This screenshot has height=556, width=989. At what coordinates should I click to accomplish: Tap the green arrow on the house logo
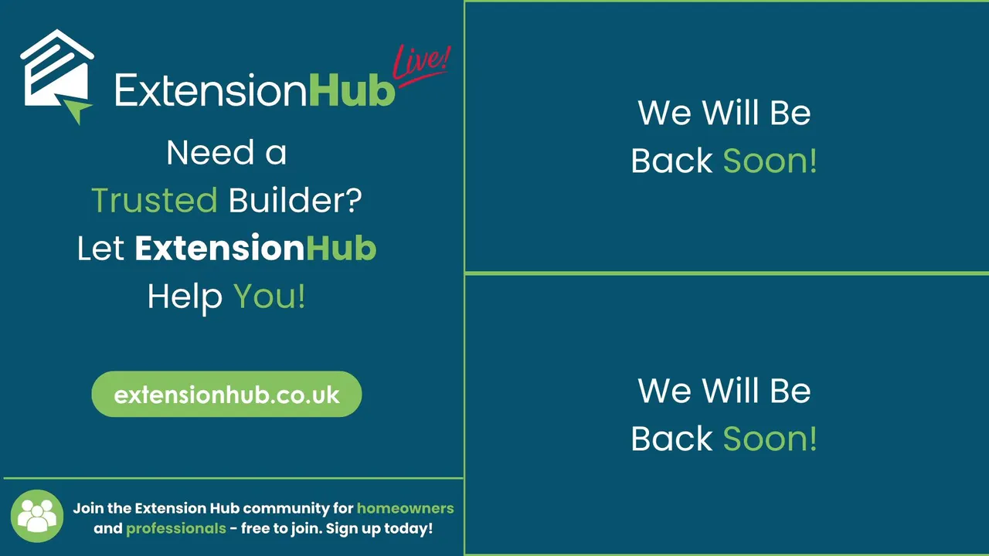(x=76, y=110)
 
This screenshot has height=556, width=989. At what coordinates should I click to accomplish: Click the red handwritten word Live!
(x=421, y=65)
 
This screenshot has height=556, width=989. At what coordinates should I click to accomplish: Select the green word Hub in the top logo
(x=352, y=91)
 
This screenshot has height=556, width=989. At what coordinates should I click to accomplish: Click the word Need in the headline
(x=210, y=153)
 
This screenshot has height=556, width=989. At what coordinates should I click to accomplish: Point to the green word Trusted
(x=155, y=200)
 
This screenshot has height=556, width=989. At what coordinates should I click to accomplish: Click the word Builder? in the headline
(x=295, y=200)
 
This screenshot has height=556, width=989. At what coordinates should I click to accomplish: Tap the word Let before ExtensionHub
(x=100, y=248)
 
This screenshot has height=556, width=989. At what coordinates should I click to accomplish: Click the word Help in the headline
(x=185, y=297)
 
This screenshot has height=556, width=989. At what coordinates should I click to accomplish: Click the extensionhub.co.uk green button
(x=226, y=394)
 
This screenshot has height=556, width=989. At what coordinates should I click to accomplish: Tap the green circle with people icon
(x=37, y=516)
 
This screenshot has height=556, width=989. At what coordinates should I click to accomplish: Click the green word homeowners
(x=406, y=508)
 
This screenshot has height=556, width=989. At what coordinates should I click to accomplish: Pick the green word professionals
(x=176, y=529)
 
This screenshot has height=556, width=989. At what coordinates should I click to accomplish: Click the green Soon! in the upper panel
(x=770, y=161)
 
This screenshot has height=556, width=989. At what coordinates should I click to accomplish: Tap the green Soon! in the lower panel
(x=770, y=439)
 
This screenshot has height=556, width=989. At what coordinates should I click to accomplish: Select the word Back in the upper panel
(x=671, y=161)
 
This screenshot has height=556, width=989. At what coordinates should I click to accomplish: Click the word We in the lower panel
(x=664, y=391)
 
